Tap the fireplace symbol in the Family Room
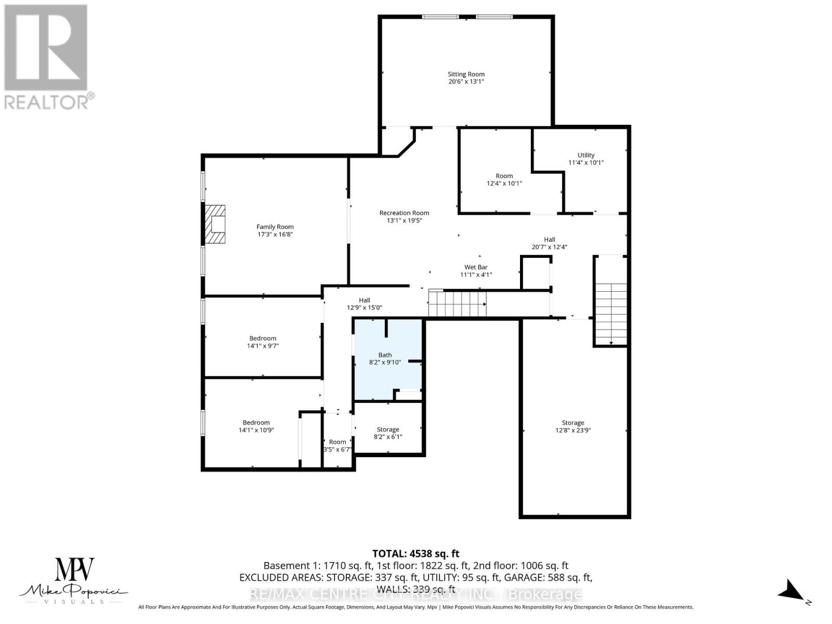pyautogui.click(x=215, y=224)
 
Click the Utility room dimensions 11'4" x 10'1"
pyautogui.click(x=586, y=162)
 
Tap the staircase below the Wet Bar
pyautogui.click(x=457, y=303)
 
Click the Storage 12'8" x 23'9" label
pyautogui.click(x=573, y=426)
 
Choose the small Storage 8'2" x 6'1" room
pyautogui.click(x=388, y=433)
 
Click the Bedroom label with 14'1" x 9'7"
pyautogui.click(x=263, y=342)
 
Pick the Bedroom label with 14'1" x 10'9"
pyautogui.click(x=256, y=426)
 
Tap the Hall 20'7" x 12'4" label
pyautogui.click(x=549, y=243)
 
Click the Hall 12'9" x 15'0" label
pyautogui.click(x=364, y=304)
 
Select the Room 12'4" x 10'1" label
pyautogui.click(x=504, y=179)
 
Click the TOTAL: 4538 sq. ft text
pyautogui.click(x=415, y=554)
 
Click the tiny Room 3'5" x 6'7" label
pyautogui.click(x=337, y=446)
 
